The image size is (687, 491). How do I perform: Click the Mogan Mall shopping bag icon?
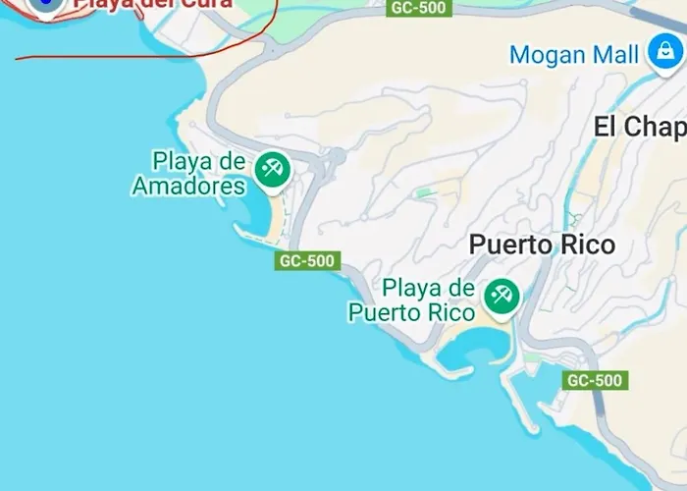point(665,53)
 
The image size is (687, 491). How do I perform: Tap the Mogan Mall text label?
point(573,54)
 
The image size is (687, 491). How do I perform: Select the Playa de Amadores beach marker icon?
point(273,169)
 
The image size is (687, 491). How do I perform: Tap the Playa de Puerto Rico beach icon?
point(502,296)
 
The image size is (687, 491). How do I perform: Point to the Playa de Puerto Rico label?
point(412,300)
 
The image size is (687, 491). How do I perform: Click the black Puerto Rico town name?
point(542,245)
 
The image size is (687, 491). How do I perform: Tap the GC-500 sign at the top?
point(418,8)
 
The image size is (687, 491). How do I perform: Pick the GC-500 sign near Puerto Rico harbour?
point(595,380)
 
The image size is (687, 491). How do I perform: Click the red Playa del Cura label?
point(152,4)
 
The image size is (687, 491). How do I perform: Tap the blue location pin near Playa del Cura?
point(45,5)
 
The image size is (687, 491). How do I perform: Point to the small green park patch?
point(423,192)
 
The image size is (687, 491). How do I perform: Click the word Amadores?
point(188,186)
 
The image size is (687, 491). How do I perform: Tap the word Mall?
point(615,54)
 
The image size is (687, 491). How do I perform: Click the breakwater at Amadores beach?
point(250,233)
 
